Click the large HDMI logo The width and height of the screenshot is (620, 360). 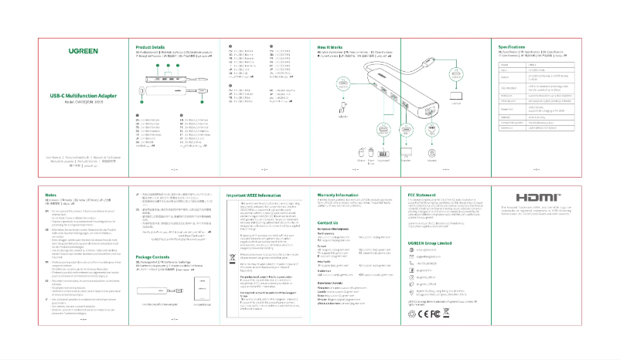535,198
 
